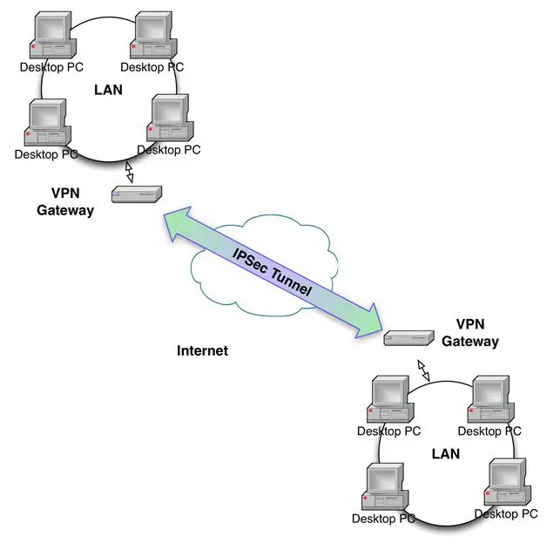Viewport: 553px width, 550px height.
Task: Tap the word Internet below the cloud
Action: (202, 350)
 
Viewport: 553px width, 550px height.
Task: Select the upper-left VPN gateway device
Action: (137, 194)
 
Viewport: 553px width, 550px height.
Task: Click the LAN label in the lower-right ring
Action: (445, 453)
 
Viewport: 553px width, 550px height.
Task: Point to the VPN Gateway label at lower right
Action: (470, 333)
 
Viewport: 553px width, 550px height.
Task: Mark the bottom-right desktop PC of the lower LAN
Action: (505, 481)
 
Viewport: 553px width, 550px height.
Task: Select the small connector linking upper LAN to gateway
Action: (130, 172)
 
